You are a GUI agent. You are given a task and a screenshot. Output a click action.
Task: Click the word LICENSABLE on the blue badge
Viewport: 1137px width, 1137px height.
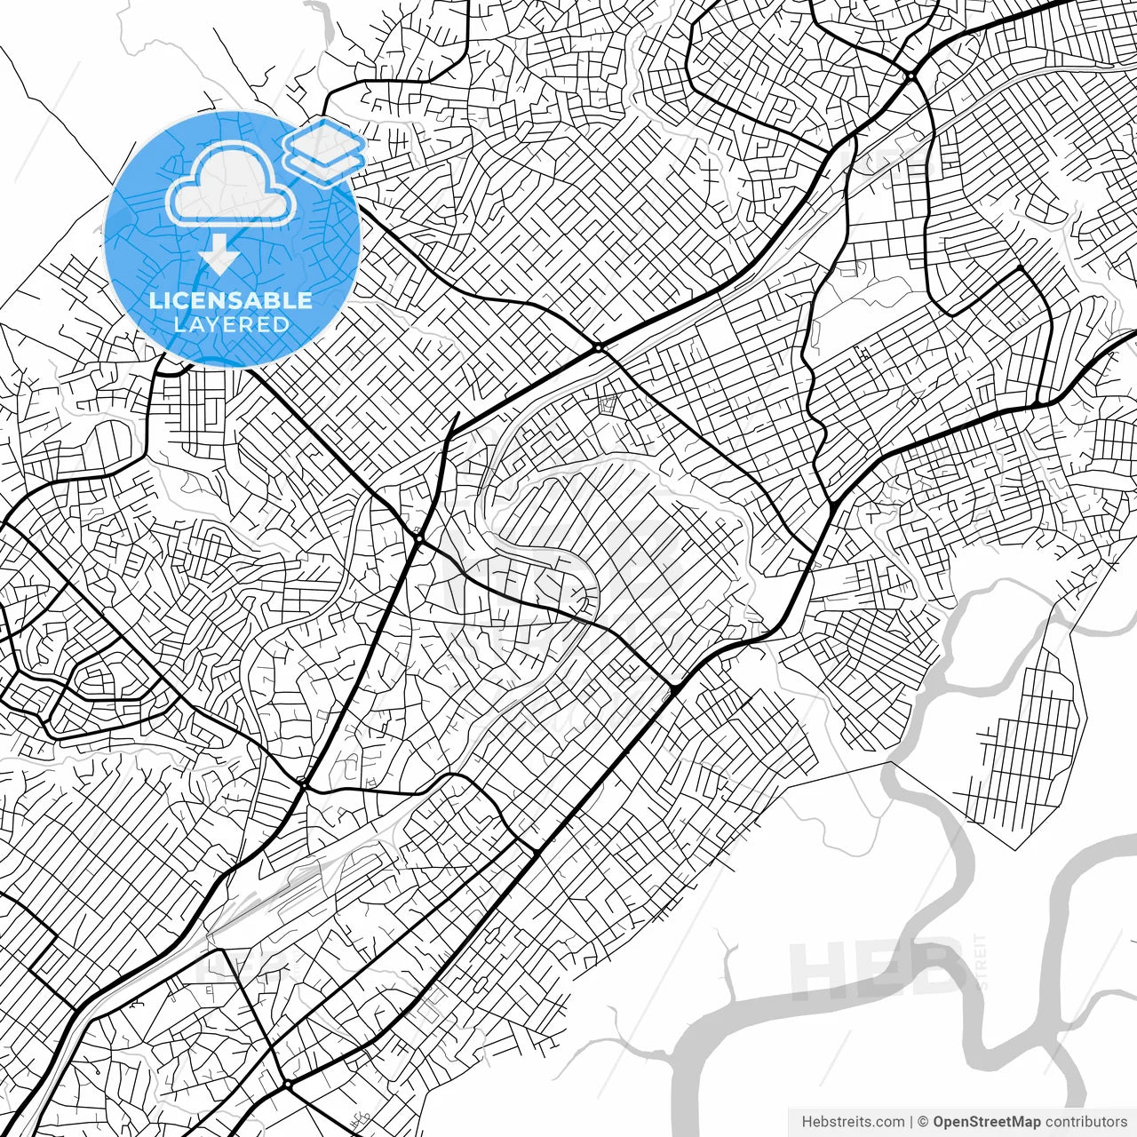point(231,300)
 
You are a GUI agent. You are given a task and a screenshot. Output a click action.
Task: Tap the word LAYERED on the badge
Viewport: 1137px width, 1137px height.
point(231,324)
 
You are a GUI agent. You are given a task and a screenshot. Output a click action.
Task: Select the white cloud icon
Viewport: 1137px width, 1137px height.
point(231,184)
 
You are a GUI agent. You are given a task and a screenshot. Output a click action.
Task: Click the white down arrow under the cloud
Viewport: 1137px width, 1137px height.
point(218,256)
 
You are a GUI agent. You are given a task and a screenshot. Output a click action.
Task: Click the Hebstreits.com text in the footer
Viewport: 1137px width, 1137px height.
point(853,1122)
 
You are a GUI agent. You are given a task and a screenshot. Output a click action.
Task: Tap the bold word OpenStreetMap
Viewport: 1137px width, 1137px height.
point(986,1122)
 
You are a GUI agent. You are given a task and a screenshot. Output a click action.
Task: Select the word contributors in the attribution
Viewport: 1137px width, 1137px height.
point(1085,1122)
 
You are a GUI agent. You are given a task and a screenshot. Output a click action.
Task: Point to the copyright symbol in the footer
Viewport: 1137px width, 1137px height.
point(924,1122)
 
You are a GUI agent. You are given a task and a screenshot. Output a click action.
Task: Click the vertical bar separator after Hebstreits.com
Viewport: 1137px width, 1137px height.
point(912,1122)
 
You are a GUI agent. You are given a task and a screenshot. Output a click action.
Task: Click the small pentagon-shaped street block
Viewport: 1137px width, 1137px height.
point(608,404)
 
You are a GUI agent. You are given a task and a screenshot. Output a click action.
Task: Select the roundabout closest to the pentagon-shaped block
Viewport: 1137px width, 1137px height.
point(600,347)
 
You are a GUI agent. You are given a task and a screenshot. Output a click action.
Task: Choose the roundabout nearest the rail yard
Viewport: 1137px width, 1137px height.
point(303,783)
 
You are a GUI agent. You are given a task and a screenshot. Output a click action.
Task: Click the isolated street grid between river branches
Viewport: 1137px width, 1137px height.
point(1030,746)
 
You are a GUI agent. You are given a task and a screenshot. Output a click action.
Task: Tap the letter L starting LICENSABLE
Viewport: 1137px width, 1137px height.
point(154,300)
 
